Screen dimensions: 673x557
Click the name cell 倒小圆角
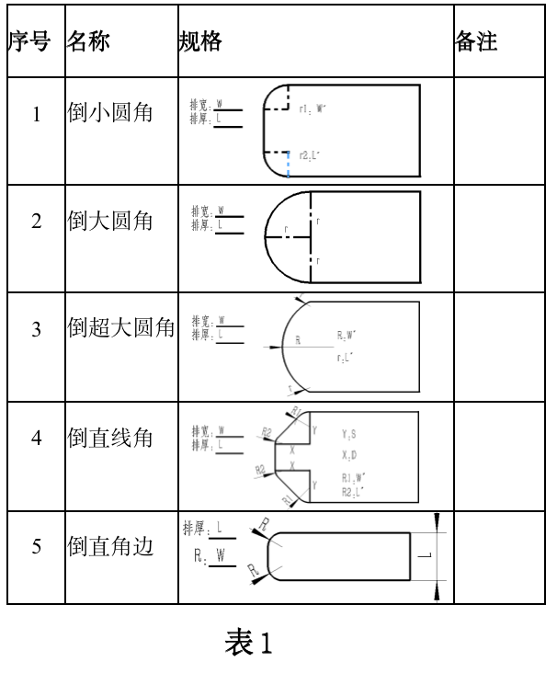coord(110,114)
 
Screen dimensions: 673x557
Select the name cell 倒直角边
coord(110,546)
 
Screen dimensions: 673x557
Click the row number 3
coord(37,329)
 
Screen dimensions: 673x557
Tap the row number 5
coord(37,546)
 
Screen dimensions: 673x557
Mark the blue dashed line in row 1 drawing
coord(288,165)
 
